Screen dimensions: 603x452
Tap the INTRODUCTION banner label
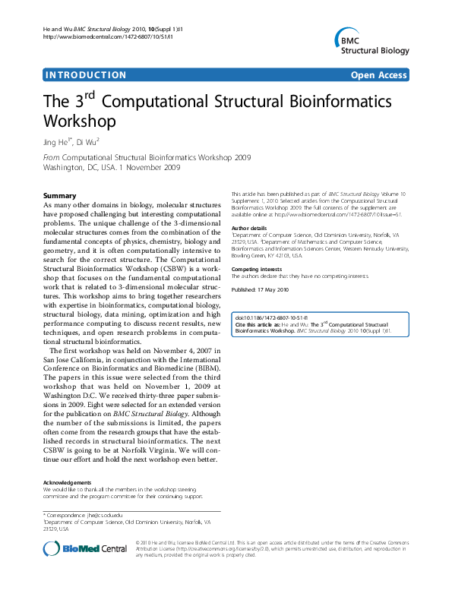tap(85, 75)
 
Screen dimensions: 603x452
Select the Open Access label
tap(378, 75)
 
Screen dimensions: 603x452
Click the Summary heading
tap(60, 195)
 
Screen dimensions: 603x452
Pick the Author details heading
tap(249, 228)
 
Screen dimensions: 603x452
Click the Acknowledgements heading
tap(68, 481)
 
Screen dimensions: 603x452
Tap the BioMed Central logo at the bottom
tap(85, 548)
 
